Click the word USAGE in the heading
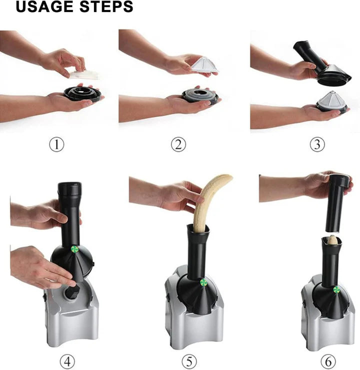point(45,6)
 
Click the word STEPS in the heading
point(106,6)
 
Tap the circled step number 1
point(56,144)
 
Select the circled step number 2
point(178,144)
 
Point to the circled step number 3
point(317,144)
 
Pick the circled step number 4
point(67,361)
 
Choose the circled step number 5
point(189,361)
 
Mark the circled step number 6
point(328,361)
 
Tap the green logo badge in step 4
point(75,249)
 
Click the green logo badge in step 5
point(203,282)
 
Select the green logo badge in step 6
point(336,289)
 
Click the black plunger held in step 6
point(336,203)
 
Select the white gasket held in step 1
point(84,74)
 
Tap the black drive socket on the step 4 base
point(72,293)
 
